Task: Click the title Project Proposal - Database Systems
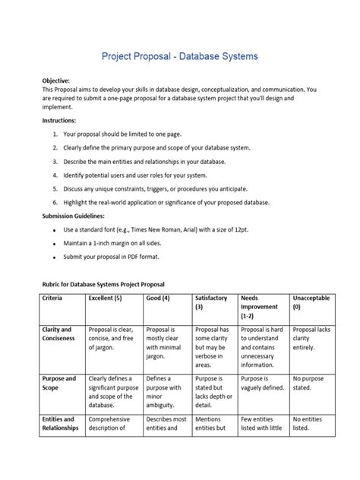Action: (180, 56)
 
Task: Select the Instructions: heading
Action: (59, 121)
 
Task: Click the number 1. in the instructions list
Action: (55, 134)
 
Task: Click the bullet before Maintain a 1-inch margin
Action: (54, 243)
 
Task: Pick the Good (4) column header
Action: (157, 298)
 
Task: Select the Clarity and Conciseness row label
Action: (58, 335)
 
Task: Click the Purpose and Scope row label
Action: (58, 384)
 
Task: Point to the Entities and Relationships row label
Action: (59, 423)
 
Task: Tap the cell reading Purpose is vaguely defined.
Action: (263, 384)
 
